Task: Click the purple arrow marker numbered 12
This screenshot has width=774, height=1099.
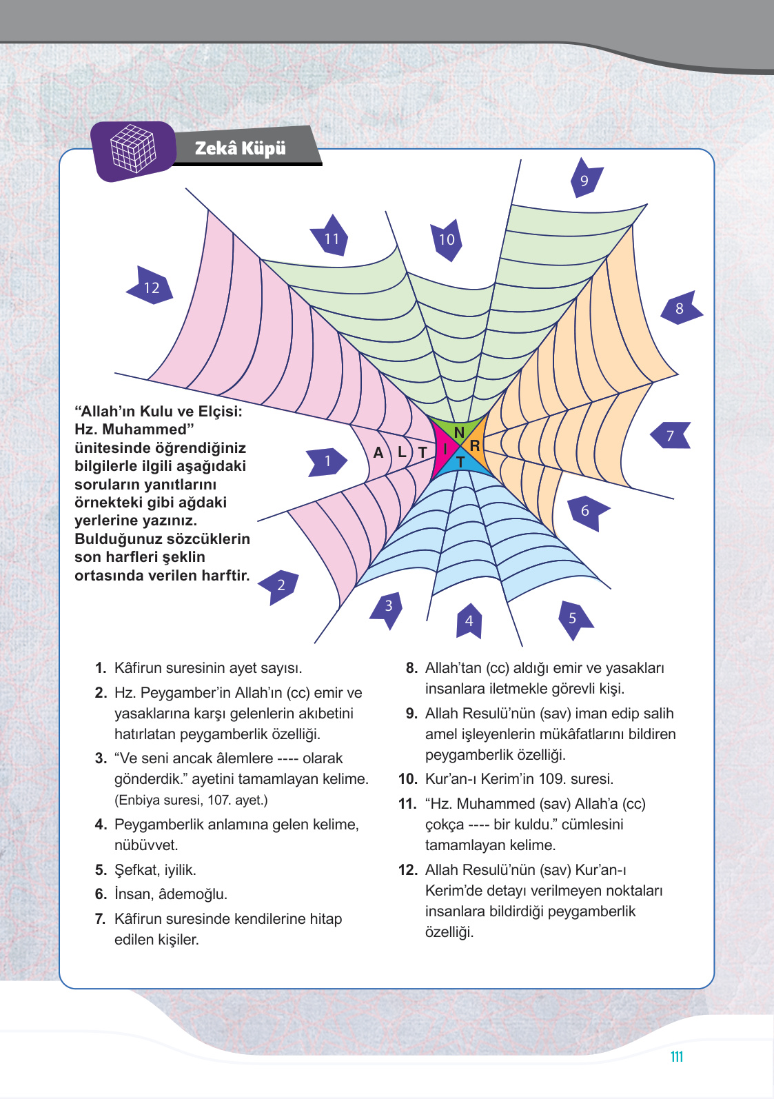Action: tap(150, 287)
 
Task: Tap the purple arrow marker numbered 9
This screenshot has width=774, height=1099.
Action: tap(585, 179)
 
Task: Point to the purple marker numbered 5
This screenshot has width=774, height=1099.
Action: tap(573, 616)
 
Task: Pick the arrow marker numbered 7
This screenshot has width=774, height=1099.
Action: tap(671, 436)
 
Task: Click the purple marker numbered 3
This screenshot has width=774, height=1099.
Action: tap(388, 607)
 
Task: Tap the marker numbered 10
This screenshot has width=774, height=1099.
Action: tap(447, 239)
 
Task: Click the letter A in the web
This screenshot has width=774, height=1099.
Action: tap(378, 453)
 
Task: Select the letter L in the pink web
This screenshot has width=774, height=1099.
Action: tap(402, 452)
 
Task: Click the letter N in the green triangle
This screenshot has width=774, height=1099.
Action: tap(459, 433)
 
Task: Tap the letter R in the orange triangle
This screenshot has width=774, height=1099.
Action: tap(475, 446)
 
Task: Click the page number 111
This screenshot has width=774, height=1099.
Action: tap(676, 1057)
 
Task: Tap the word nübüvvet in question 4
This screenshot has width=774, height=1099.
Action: tap(146, 845)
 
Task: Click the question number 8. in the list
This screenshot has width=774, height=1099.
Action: tap(411, 668)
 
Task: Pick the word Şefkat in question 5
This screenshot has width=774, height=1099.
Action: tap(136, 870)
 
